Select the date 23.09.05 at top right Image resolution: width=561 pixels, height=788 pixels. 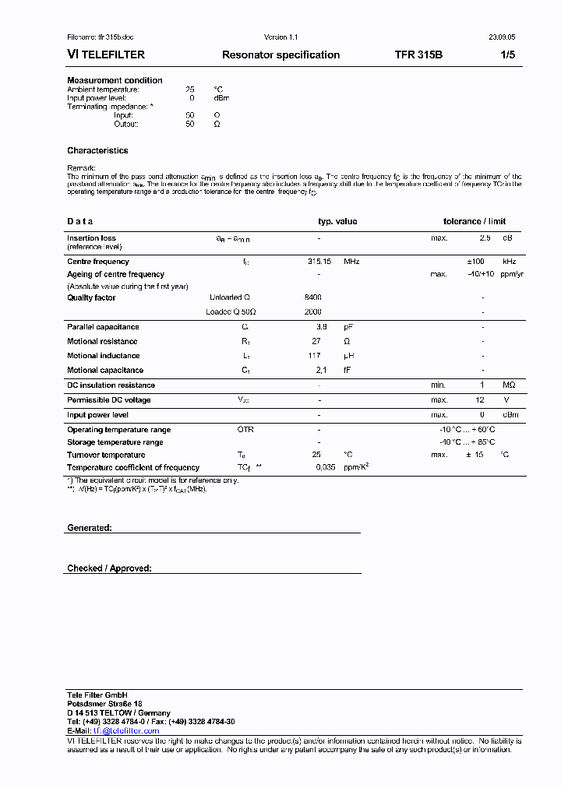pos(502,37)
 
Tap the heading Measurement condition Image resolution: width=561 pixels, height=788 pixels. pos(115,80)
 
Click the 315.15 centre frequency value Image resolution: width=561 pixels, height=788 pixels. pos(319,262)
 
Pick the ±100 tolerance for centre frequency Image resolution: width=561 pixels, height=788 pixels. pos(475,262)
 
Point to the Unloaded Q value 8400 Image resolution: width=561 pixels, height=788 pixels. pos(312,297)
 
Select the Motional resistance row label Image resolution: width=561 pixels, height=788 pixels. pos(102,341)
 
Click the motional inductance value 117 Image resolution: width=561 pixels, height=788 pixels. pos(314,356)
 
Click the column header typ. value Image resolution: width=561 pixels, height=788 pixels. pos(337,221)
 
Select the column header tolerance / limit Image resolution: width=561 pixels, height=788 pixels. pos(475,221)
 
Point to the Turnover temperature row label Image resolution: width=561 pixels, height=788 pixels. pos(106,455)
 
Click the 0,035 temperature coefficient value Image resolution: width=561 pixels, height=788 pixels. pos(325,467)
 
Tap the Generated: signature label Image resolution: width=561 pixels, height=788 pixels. pos(90,528)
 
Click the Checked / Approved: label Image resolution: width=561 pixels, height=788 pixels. pos(109,568)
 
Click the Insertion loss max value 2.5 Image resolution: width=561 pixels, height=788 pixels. pos(485,238)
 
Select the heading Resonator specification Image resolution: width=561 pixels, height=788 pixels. pos(280,55)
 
